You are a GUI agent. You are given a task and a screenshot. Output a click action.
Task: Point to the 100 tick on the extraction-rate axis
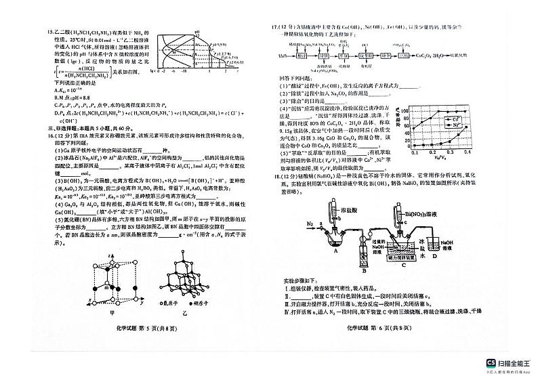404,111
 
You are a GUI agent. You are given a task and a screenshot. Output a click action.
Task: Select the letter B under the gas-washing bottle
363,270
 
